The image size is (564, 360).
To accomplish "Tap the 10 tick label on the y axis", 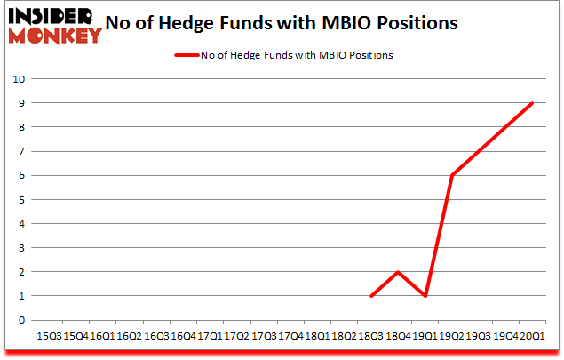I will pyautogui.click(x=19, y=78).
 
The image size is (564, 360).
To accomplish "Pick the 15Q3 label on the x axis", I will pyautogui.click(x=49, y=336).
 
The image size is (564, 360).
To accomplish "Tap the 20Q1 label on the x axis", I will pyautogui.click(x=532, y=336).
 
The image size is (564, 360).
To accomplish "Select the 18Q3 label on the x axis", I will pyautogui.click(x=371, y=336).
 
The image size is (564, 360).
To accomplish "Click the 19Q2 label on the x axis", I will pyautogui.click(x=452, y=336).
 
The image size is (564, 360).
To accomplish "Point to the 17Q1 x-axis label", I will pyautogui.click(x=210, y=336).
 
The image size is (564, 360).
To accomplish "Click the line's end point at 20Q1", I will pyautogui.click(x=532, y=102).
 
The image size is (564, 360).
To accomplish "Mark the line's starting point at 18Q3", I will pyautogui.click(x=371, y=296).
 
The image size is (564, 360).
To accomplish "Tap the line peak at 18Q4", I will pyautogui.click(x=398, y=272).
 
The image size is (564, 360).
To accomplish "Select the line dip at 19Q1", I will pyautogui.click(x=425, y=296).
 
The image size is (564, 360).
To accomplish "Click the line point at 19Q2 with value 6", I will pyautogui.click(x=452, y=175).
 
